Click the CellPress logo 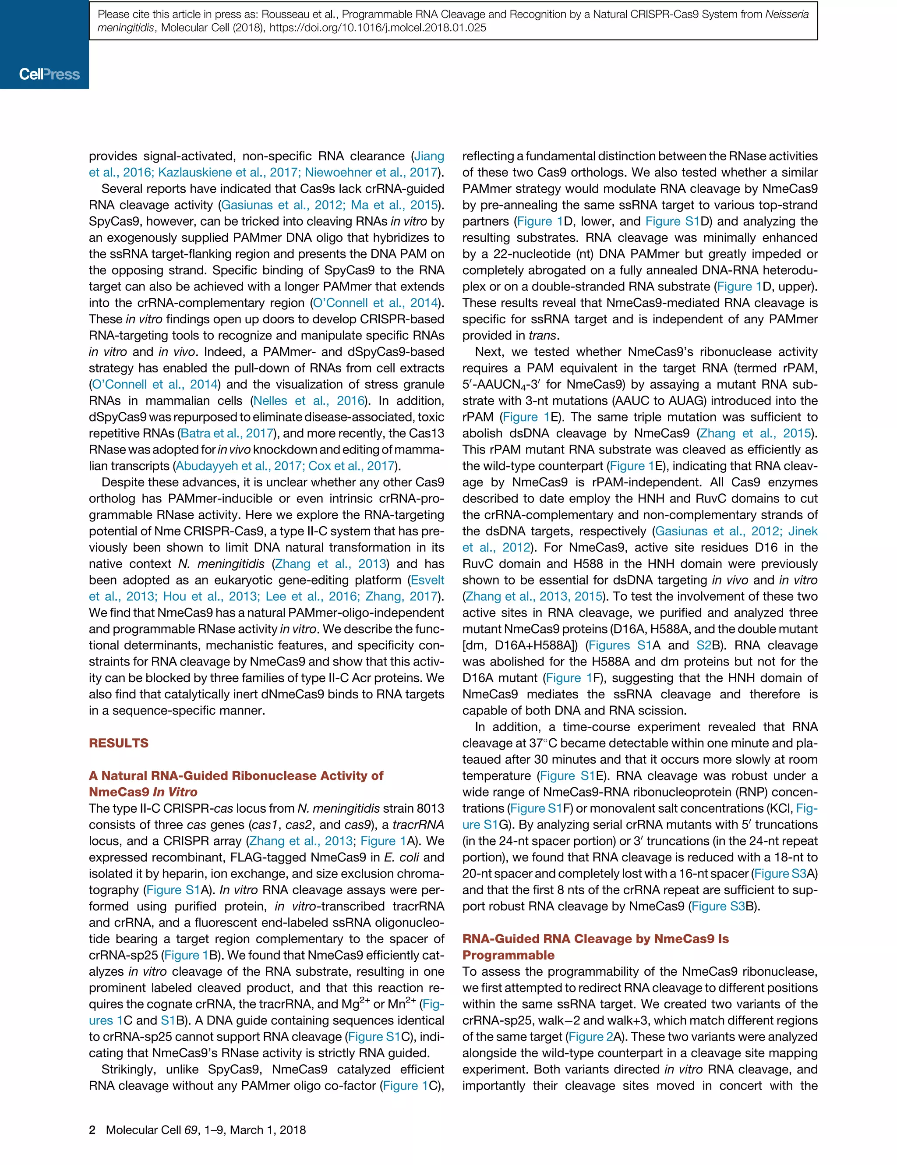click(49, 74)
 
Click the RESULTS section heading click(118, 743)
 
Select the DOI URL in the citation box click(378, 28)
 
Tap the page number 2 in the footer click(92, 1130)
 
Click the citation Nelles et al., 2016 click(309, 400)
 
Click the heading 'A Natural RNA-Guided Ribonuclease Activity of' click(236, 775)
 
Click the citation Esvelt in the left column click(427, 580)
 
